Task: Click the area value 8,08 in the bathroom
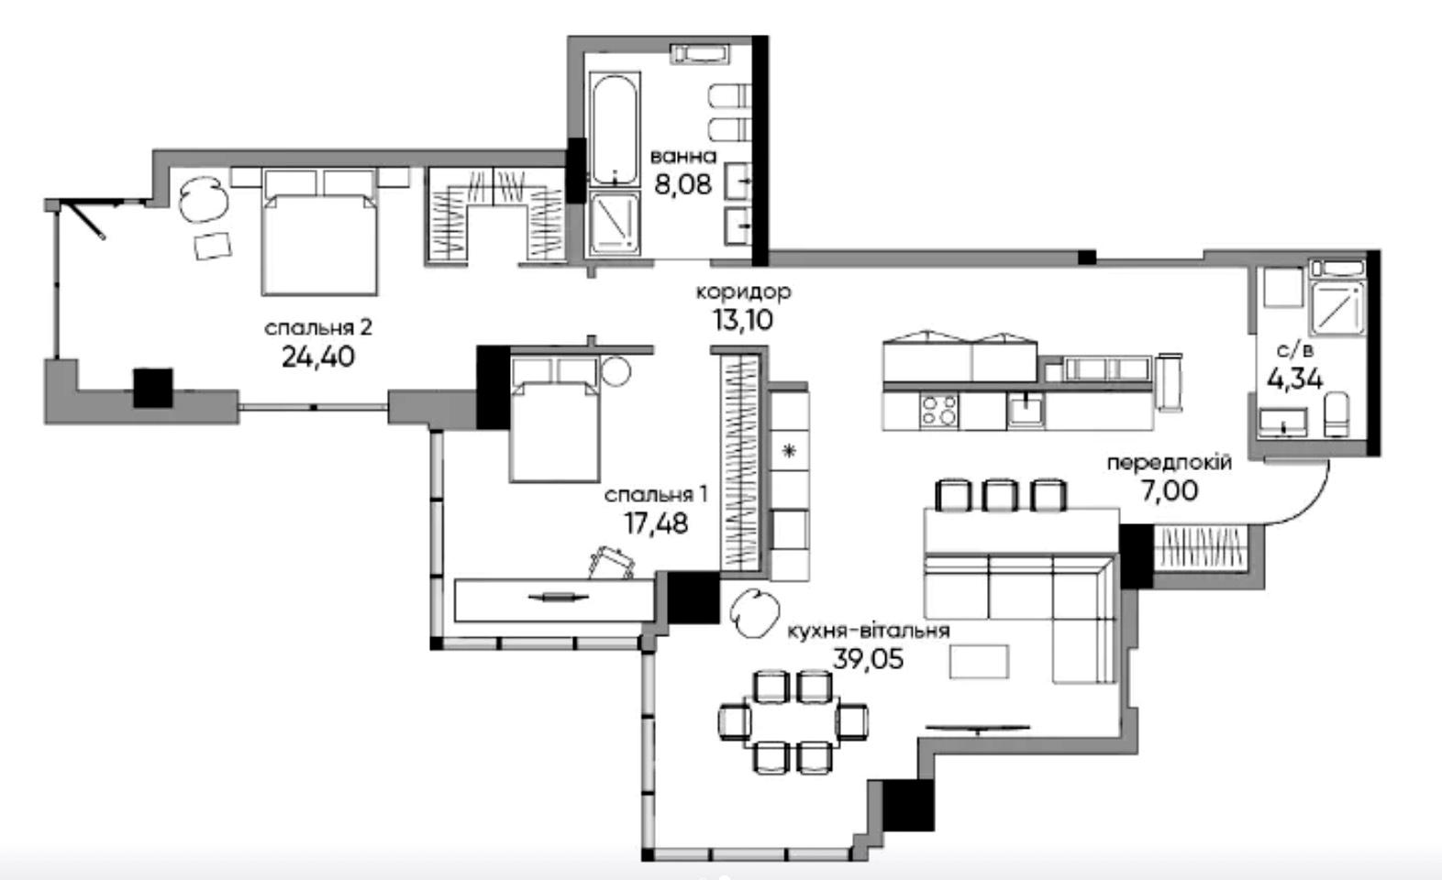click(683, 184)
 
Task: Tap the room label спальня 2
click(318, 327)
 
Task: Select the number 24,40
click(318, 357)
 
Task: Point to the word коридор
click(744, 292)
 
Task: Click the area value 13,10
click(743, 320)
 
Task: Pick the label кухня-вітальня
click(869, 631)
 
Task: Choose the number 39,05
click(868, 659)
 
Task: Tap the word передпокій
click(1169, 463)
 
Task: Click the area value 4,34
click(1295, 379)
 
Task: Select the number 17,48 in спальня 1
click(656, 523)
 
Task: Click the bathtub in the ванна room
click(615, 129)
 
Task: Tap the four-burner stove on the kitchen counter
click(938, 411)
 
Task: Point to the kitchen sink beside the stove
click(1026, 410)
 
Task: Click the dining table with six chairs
click(792, 721)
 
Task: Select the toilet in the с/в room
click(1337, 415)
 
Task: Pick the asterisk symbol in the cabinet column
click(789, 451)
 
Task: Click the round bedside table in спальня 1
click(616, 371)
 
